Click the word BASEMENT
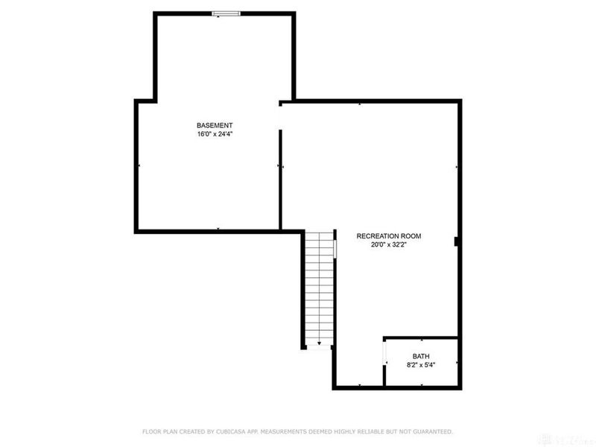point(215,125)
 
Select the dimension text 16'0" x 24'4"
point(215,134)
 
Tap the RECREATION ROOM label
point(388,236)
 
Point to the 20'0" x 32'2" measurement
point(388,245)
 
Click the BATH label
point(421,357)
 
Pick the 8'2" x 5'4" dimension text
point(421,366)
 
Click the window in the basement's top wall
point(224,13)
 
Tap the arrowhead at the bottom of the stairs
point(319,343)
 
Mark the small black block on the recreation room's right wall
point(455,241)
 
